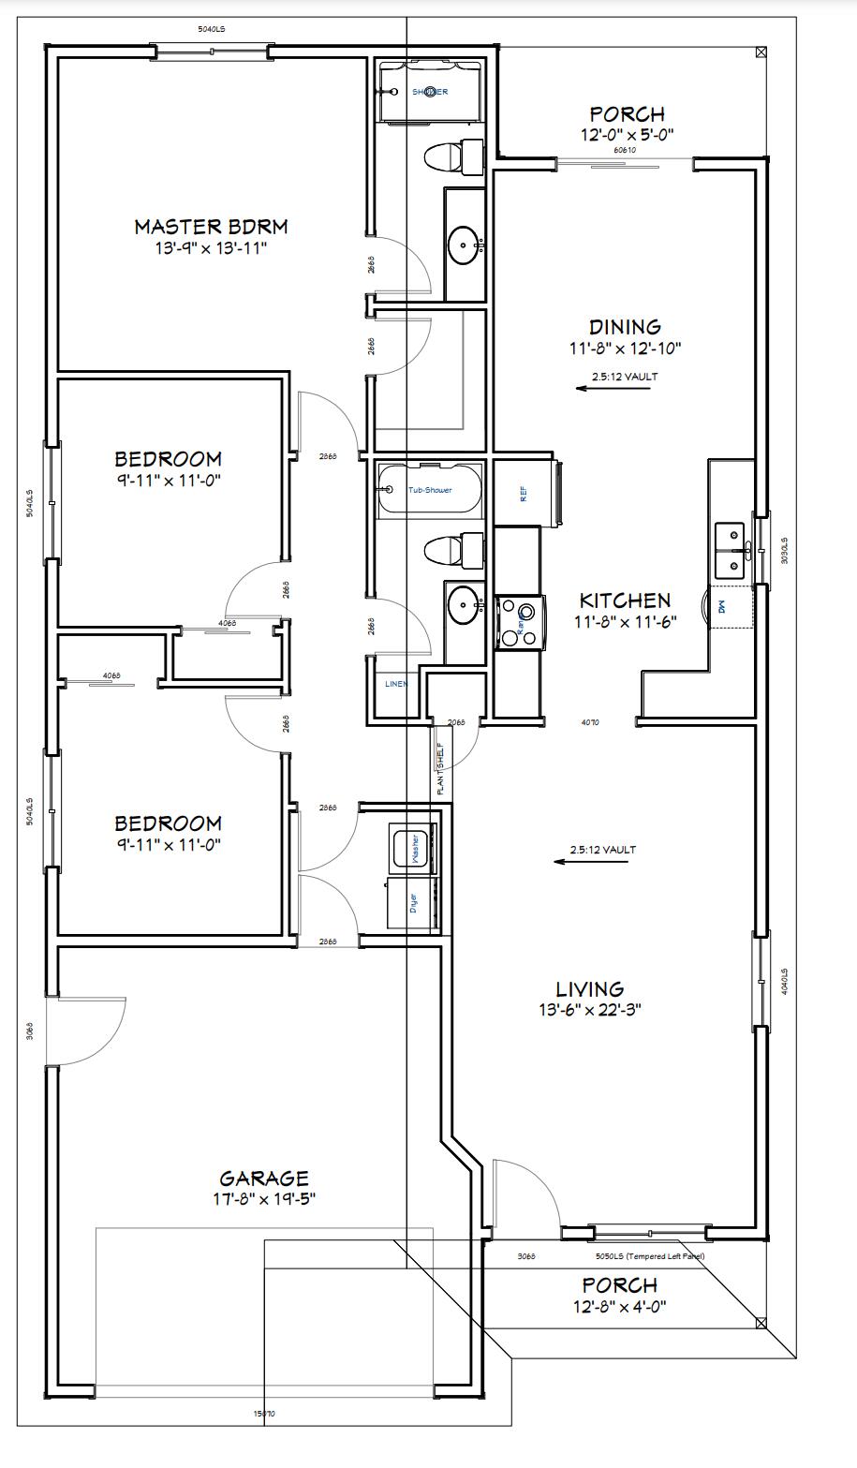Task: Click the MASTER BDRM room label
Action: [x=211, y=226]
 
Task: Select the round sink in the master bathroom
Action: [x=465, y=246]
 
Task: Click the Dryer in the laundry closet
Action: [x=412, y=903]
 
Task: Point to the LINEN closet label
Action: [x=396, y=684]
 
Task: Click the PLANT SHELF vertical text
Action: [x=439, y=768]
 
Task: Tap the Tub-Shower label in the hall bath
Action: [x=430, y=490]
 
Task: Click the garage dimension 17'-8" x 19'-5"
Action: [x=263, y=1199]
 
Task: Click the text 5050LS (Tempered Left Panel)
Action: [x=649, y=1256]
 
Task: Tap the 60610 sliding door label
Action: [x=625, y=150]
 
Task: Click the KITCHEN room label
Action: [x=625, y=601]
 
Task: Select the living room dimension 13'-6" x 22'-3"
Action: [x=589, y=1010]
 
